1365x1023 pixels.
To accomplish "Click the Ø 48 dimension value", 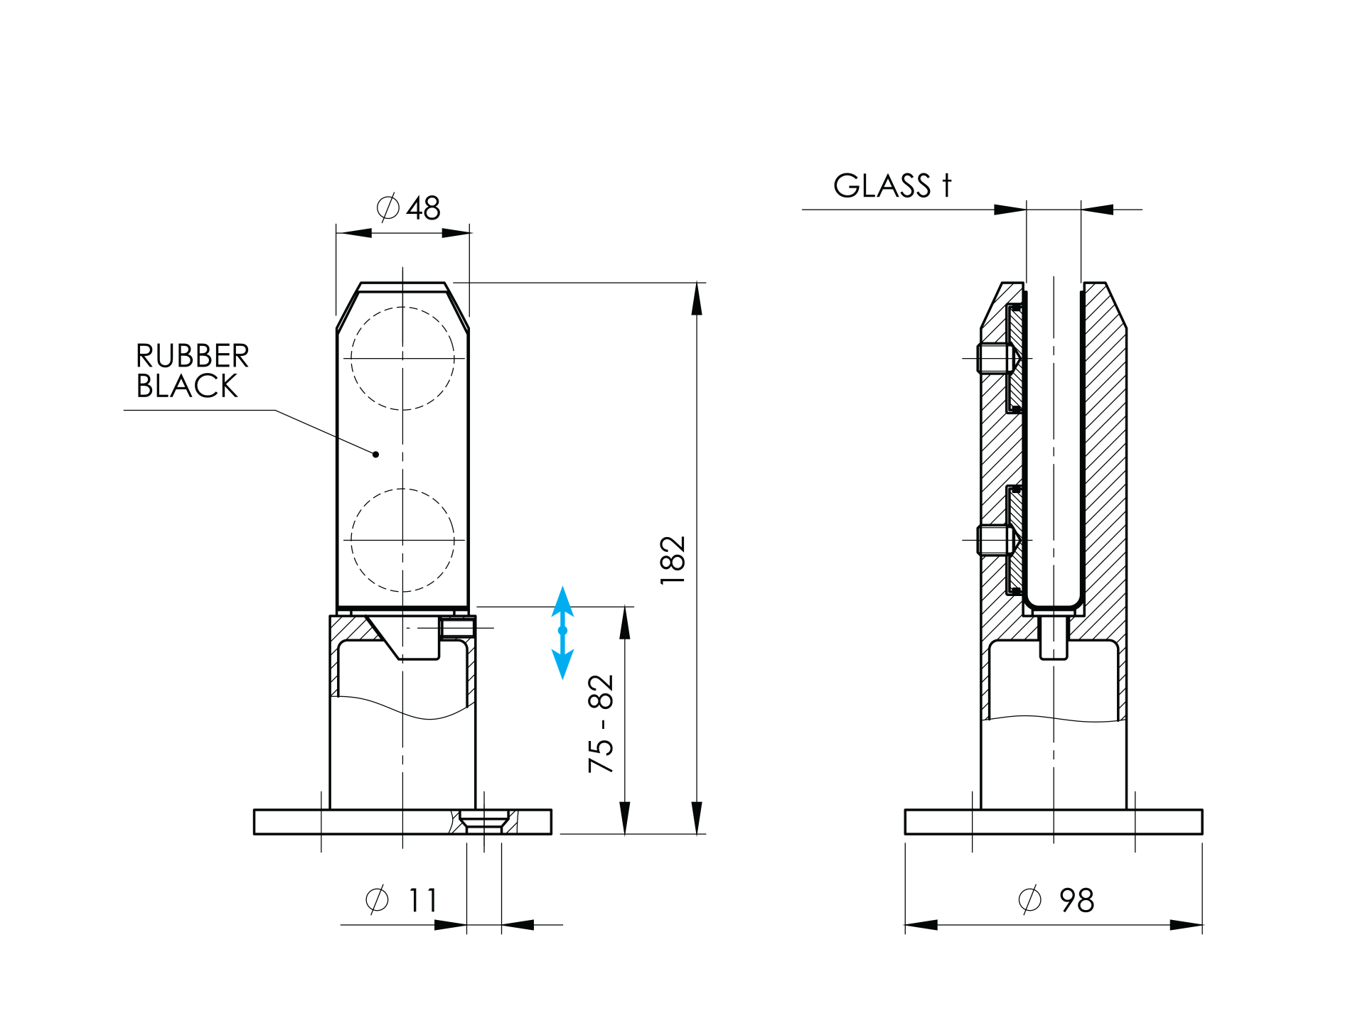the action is point(408,208).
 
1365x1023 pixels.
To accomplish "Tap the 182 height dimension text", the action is point(673,561).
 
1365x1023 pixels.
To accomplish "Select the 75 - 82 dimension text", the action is point(601,723).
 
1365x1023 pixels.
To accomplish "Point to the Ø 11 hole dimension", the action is point(402,900).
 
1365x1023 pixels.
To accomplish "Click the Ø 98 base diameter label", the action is point(1056,900).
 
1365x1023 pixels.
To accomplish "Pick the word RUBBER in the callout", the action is point(193,356).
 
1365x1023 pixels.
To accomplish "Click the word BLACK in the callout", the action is point(187,386).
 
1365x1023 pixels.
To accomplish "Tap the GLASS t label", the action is point(892,185).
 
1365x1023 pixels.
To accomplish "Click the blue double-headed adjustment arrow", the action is point(562,632).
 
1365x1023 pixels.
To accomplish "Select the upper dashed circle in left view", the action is point(402,359).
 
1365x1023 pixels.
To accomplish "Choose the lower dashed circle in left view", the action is point(402,540).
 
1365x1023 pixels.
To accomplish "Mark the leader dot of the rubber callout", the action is point(375,454).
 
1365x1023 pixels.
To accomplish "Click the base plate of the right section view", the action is point(1054,821).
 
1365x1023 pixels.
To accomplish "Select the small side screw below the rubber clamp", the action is point(458,628).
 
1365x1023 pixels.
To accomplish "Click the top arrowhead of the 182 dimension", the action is point(697,299).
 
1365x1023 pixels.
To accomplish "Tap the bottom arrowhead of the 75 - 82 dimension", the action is point(625,818).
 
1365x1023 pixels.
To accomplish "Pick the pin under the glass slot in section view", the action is point(1054,637).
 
